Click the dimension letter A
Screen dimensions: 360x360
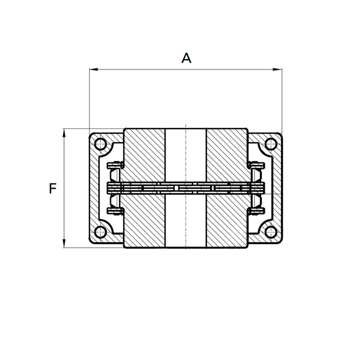coord(186,58)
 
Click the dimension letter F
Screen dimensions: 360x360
coord(52,189)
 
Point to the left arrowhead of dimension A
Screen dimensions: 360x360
coord(92,69)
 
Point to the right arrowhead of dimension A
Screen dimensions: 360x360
coord(279,69)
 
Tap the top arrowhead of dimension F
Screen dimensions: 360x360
coord(64,132)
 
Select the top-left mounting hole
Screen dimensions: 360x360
coord(101,144)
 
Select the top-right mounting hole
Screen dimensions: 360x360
coord(270,144)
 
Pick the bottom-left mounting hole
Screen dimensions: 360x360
coord(101,233)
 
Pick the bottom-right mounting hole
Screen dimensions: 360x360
coord(270,233)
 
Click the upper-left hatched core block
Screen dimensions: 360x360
coord(145,154)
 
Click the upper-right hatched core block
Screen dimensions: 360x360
coord(227,154)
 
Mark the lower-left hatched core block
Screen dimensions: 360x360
coord(145,221)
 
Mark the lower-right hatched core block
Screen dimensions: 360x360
coord(227,221)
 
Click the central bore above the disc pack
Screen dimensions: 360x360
coord(186,154)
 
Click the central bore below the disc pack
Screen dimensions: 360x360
coord(186,221)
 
